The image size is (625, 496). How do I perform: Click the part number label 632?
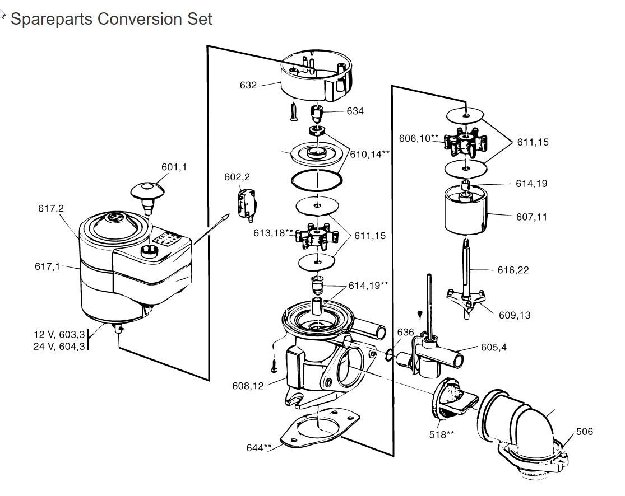pos(248,86)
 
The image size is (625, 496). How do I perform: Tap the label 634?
pos(355,111)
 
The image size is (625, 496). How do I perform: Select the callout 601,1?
pos(174,167)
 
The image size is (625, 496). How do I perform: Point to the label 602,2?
pos(237,177)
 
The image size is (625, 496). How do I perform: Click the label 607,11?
pos(531,217)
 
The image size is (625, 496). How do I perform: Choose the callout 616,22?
pos(513,270)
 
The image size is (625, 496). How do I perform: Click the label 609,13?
pos(514,315)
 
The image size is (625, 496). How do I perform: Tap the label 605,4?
pos(493,347)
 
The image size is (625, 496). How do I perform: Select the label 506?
pos(584,432)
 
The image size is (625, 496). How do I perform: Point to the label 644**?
pos(259,447)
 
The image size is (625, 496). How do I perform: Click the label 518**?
pos(442,434)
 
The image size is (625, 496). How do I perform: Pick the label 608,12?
pos(247,386)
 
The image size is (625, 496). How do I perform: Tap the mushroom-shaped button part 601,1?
pos(148,191)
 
